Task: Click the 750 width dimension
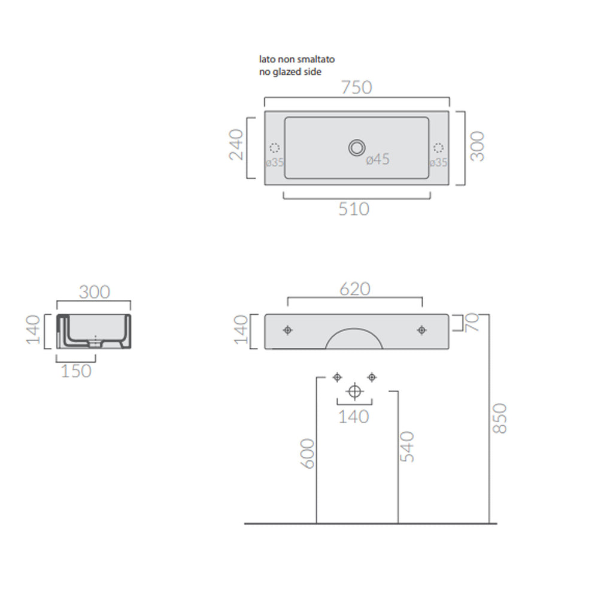pyautogui.click(x=357, y=87)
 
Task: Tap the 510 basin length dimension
pyautogui.click(x=354, y=209)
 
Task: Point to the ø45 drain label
pyautogui.click(x=378, y=159)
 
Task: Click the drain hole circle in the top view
pyautogui.click(x=357, y=147)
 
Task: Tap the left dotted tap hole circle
pyautogui.click(x=275, y=148)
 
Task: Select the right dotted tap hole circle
pyautogui.click(x=438, y=148)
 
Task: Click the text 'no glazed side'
pyautogui.click(x=290, y=72)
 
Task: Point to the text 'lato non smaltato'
pyautogui.click(x=296, y=60)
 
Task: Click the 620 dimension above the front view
pyautogui.click(x=355, y=289)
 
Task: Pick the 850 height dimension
pyautogui.click(x=500, y=418)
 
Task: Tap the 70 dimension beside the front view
pyautogui.click(x=472, y=324)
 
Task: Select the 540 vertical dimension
pyautogui.click(x=407, y=446)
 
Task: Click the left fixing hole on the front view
pyautogui.click(x=288, y=330)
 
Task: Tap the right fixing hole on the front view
pyautogui.click(x=421, y=330)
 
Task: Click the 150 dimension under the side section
pyautogui.click(x=77, y=371)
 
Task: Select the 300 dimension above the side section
pyautogui.click(x=95, y=292)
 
